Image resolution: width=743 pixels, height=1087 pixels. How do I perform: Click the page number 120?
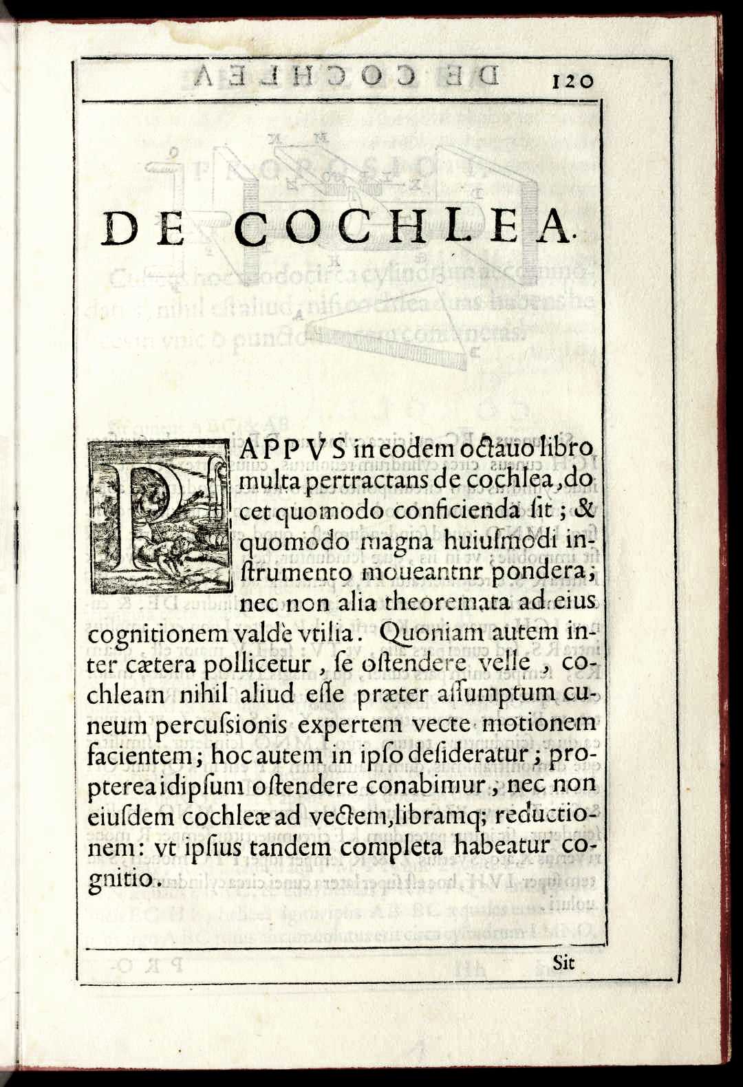pyautogui.click(x=571, y=81)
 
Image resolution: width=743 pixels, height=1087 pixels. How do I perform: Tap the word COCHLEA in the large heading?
pyautogui.click(x=403, y=228)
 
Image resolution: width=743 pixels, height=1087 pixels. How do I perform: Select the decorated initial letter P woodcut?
pyautogui.click(x=160, y=517)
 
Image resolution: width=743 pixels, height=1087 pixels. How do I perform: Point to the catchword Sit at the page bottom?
pyautogui.click(x=563, y=962)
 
